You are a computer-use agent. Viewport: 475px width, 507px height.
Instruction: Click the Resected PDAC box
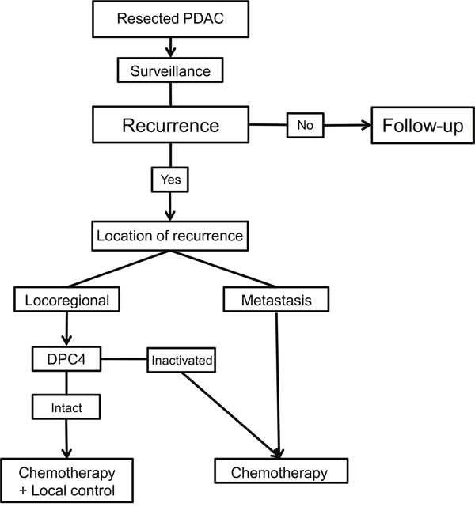click(x=170, y=19)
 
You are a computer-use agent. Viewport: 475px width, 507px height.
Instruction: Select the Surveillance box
click(x=170, y=70)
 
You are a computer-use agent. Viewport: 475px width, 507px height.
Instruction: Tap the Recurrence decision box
click(x=170, y=124)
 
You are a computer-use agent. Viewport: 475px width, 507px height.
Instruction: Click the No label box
click(x=305, y=125)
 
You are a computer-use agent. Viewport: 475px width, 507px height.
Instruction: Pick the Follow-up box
click(x=423, y=125)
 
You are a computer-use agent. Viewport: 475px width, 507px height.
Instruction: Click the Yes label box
click(x=170, y=180)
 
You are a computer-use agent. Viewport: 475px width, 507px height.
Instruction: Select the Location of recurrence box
click(x=170, y=236)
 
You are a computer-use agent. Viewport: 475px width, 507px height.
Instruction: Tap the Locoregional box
click(x=66, y=300)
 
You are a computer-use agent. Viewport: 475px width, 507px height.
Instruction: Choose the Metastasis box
click(x=276, y=300)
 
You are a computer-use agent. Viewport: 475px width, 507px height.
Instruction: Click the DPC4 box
click(x=66, y=359)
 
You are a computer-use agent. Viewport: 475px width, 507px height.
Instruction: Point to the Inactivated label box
click(x=181, y=360)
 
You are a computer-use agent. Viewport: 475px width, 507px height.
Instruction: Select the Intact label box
click(x=66, y=407)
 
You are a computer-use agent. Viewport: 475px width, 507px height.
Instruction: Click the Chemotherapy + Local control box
click(x=66, y=480)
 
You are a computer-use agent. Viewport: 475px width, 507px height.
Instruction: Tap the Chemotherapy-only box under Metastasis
click(x=281, y=471)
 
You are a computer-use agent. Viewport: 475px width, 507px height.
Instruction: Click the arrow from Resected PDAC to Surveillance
click(x=170, y=47)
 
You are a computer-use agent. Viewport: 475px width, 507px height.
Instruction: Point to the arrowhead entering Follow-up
click(x=367, y=125)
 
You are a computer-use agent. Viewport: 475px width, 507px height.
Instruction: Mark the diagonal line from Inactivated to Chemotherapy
click(x=230, y=414)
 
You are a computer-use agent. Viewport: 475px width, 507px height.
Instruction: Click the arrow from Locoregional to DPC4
click(x=66, y=329)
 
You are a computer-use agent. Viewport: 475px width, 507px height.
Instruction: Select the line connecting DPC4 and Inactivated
click(x=124, y=359)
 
